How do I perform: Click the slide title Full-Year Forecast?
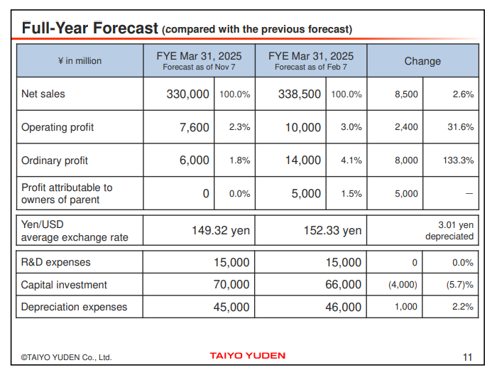[89, 28]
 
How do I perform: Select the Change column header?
[422, 61]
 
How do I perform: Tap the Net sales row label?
[43, 94]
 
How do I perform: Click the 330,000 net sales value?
[188, 94]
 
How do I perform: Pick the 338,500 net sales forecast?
[300, 94]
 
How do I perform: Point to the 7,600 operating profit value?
[195, 127]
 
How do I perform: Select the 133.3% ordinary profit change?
[458, 161]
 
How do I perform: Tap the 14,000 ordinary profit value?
[303, 161]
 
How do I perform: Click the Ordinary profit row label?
[55, 161]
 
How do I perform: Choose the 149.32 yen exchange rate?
[220, 230]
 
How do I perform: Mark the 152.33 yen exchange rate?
[332, 230]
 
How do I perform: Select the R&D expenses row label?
[56, 262]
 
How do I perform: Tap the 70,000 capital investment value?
[231, 285]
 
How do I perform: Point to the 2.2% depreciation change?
[462, 307]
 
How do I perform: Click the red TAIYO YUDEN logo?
[248, 355]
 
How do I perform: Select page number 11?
[467, 357]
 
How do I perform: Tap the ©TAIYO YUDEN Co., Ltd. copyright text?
[66, 357]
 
